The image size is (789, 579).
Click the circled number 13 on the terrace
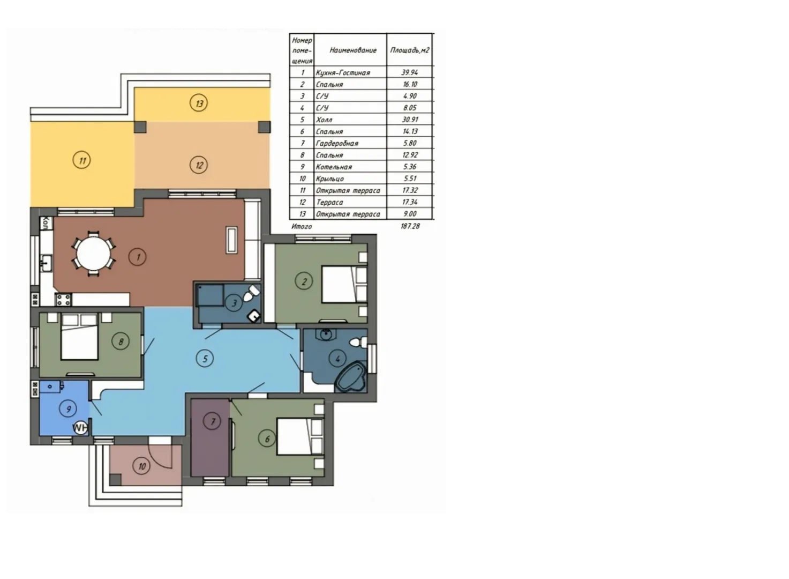[199, 103]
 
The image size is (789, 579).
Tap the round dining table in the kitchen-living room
[93, 254]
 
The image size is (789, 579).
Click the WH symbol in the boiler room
[80, 428]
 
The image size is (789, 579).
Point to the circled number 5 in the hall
[205, 359]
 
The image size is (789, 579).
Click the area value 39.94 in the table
[409, 72]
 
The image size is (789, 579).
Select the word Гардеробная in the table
[337, 143]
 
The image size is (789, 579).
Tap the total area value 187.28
[410, 226]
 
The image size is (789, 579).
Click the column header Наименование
[353, 50]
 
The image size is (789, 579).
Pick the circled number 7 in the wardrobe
[213, 421]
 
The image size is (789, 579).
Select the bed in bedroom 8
[79, 337]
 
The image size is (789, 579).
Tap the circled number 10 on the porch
[141, 466]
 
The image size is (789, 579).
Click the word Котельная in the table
[334, 167]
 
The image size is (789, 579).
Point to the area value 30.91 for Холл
[410, 120]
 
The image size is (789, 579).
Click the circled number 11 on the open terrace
[82, 160]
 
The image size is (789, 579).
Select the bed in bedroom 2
[344, 284]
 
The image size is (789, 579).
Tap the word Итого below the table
[302, 226]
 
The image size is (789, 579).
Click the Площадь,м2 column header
[410, 50]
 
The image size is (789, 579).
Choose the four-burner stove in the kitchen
[63, 300]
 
